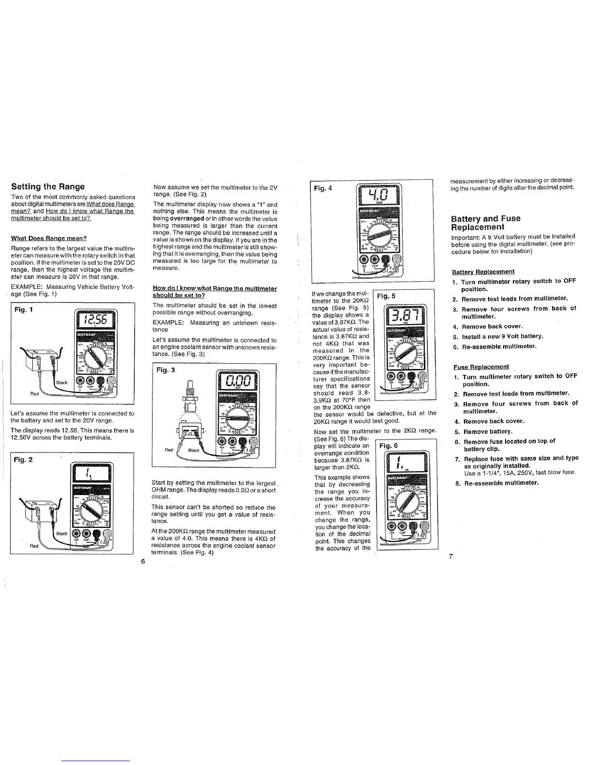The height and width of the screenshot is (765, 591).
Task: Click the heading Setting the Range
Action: tap(48, 186)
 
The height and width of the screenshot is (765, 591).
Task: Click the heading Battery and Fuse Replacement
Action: tap(486, 223)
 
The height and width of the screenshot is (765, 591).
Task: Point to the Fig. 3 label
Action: tap(165, 370)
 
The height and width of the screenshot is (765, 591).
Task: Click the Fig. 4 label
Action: tap(323, 188)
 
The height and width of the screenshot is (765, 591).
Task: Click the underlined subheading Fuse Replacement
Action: tap(475, 367)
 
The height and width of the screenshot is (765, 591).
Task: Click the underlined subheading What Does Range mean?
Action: tap(49, 238)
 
